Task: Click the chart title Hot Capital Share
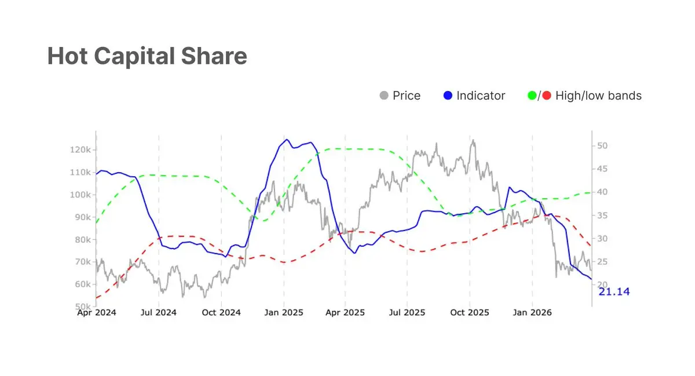(x=147, y=56)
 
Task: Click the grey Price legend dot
(x=383, y=96)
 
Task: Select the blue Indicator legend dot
(x=447, y=96)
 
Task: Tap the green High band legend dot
(x=532, y=96)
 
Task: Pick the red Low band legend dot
(x=547, y=96)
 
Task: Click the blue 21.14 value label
(x=614, y=291)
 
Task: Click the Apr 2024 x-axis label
(x=97, y=313)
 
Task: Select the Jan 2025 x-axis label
(x=283, y=313)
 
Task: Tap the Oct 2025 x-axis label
(x=470, y=313)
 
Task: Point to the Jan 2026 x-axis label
(x=532, y=313)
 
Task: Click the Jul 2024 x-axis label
(x=159, y=313)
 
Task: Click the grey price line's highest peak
(x=473, y=140)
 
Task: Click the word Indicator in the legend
(x=481, y=96)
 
